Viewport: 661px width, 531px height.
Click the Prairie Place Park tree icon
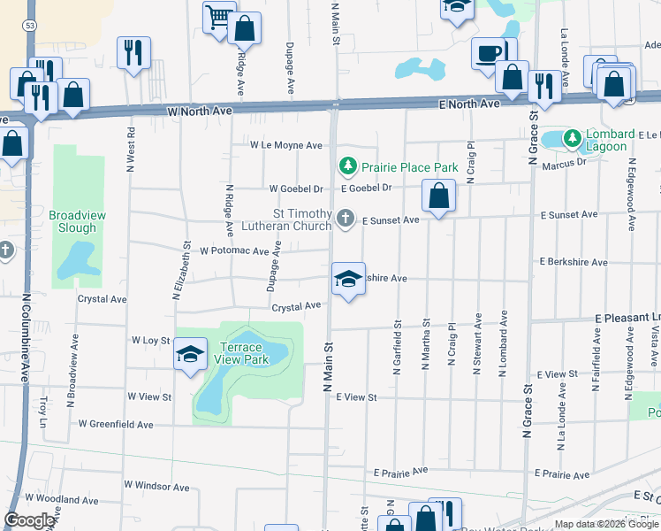348,166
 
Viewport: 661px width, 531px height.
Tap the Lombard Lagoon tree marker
572,138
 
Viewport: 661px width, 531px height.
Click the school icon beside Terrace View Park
191,355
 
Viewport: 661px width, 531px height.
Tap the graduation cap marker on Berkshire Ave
348,280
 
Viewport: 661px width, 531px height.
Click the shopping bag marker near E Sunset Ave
438,196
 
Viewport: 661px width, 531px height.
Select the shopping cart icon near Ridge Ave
218,17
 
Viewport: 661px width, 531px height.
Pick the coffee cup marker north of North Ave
488,53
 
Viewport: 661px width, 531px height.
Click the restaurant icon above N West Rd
133,53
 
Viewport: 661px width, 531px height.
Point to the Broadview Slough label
72,221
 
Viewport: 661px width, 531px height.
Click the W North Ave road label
199,112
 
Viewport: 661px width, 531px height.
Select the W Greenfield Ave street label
115,425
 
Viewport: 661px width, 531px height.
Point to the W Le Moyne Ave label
286,144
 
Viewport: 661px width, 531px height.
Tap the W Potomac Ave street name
233,250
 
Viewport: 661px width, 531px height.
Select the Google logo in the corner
30,520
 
